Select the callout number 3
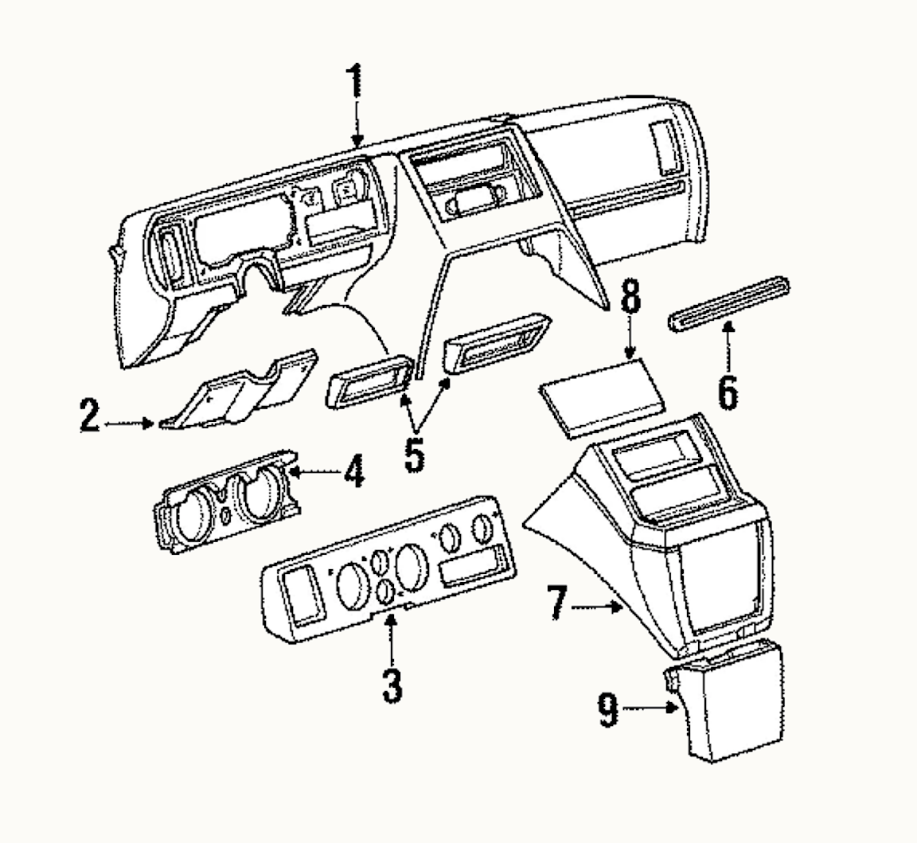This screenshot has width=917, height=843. click(391, 685)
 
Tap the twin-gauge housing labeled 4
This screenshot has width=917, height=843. click(227, 502)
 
